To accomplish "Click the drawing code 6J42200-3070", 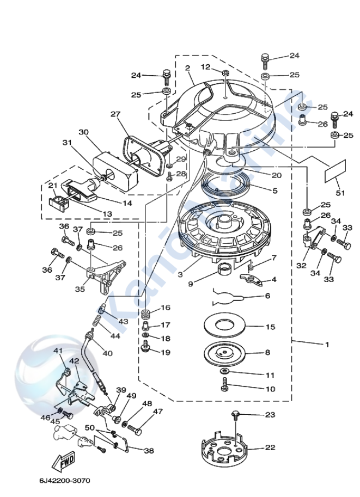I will click(64, 480).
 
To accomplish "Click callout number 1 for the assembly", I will click(327, 344).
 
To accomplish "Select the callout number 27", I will click(115, 114).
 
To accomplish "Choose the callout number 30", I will click(83, 132).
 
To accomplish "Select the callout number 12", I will click(205, 66).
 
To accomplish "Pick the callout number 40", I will click(107, 353).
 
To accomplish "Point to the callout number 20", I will click(276, 175).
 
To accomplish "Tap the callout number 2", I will click(187, 69).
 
